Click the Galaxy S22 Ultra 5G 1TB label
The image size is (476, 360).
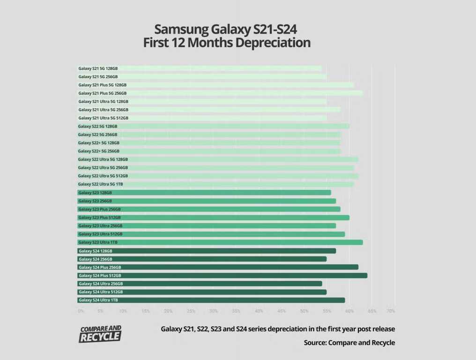pyautogui.click(x=100, y=184)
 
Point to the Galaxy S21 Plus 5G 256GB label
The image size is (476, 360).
pyautogui.click(x=102, y=93)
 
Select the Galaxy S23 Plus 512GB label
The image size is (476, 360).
pyautogui.click(x=99, y=217)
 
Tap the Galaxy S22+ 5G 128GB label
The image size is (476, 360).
pyautogui.click(x=98, y=143)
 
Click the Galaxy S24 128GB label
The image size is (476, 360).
pyautogui.click(x=95, y=251)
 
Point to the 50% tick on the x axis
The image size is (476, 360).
pyautogui.click(x=305, y=311)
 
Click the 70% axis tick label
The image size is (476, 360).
pyautogui.click(x=391, y=311)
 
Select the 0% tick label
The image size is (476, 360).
pyautogui.click(x=81, y=311)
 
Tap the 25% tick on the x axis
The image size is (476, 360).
pyautogui.click(x=191, y=311)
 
